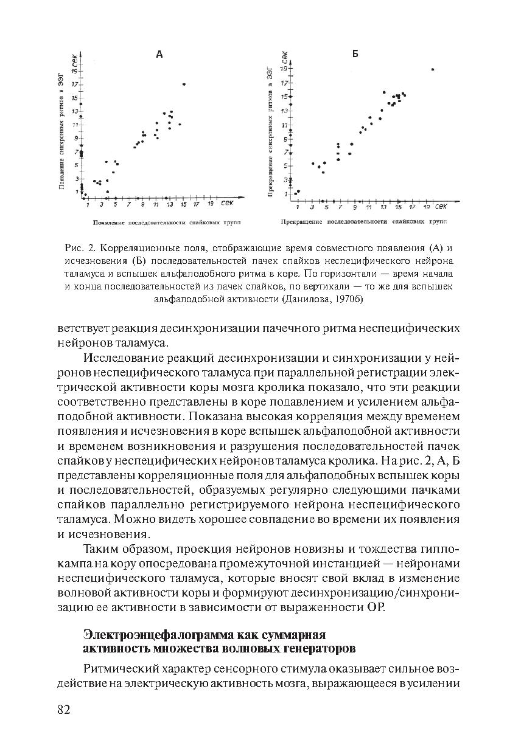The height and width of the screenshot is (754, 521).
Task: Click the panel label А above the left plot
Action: point(159,54)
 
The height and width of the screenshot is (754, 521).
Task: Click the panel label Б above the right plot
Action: point(355,54)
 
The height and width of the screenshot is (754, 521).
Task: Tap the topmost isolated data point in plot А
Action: point(184,84)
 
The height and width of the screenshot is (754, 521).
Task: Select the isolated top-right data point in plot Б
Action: point(433,69)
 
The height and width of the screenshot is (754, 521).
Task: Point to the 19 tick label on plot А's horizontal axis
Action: point(210,205)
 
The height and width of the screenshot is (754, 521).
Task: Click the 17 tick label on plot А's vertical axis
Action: point(74,84)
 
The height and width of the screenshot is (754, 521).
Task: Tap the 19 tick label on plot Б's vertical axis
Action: point(283,69)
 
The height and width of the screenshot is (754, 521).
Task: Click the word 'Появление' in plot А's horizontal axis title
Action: point(110,223)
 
